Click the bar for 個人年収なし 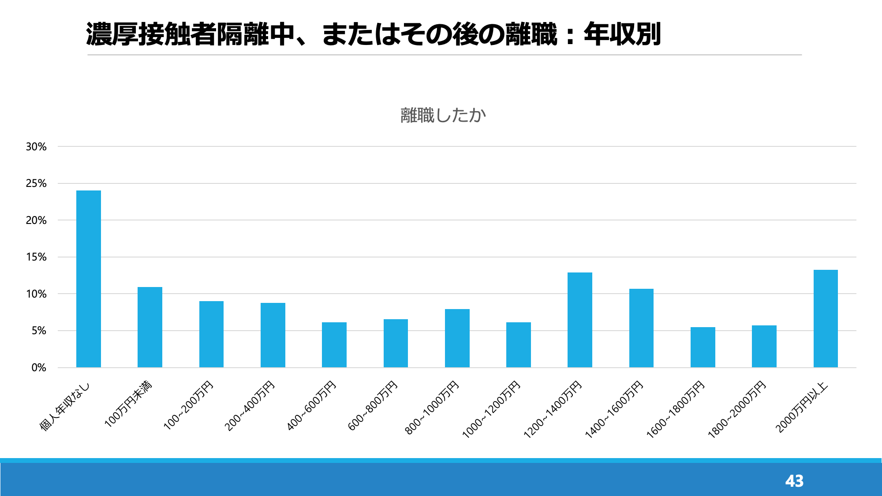pyautogui.click(x=89, y=279)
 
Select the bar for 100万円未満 pyautogui.click(x=150, y=327)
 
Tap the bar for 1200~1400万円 pyautogui.click(x=579, y=320)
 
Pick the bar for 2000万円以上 pyautogui.click(x=826, y=318)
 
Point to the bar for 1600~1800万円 pyautogui.click(x=703, y=347)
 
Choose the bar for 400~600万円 pyautogui.click(x=334, y=345)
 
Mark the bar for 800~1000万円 pyautogui.click(x=457, y=338)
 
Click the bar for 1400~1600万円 pyautogui.click(x=641, y=328)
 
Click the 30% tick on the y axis pyautogui.click(x=36, y=147)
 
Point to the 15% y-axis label pyautogui.click(x=36, y=257)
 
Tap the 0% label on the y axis pyautogui.click(x=39, y=368)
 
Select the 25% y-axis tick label pyautogui.click(x=36, y=183)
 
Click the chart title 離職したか pyautogui.click(x=443, y=116)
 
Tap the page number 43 pyautogui.click(x=794, y=481)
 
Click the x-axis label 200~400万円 pyautogui.click(x=250, y=406)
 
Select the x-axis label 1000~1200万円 pyautogui.click(x=491, y=410)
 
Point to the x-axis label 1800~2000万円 pyautogui.click(x=737, y=410)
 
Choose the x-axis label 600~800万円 pyautogui.click(x=373, y=406)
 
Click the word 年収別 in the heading pyautogui.click(x=622, y=34)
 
